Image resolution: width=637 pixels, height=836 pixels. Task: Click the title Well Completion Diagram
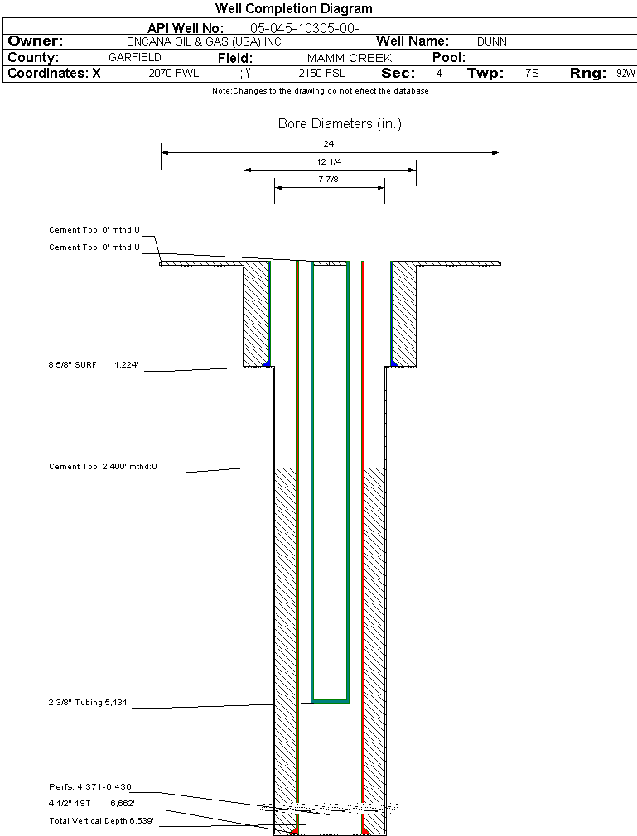(293, 9)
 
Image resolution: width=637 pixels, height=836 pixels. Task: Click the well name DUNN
(491, 41)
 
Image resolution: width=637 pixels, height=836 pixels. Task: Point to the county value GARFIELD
(135, 58)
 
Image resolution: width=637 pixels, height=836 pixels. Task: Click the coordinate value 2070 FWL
(174, 74)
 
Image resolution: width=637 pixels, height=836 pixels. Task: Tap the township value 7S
(532, 74)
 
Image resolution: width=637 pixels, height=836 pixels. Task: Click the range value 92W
(625, 74)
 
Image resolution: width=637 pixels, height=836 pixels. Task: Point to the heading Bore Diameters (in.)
(340, 124)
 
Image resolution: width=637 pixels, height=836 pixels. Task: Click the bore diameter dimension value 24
(329, 144)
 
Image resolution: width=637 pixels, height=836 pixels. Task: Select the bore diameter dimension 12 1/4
(329, 161)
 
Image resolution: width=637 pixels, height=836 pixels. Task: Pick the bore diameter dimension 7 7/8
(329, 179)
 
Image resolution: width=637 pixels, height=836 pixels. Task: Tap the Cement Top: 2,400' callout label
(103, 468)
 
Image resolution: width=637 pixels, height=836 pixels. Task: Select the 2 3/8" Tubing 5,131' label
(89, 703)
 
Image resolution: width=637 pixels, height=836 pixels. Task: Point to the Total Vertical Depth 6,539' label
(101, 821)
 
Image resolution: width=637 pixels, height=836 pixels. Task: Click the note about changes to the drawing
(320, 91)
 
